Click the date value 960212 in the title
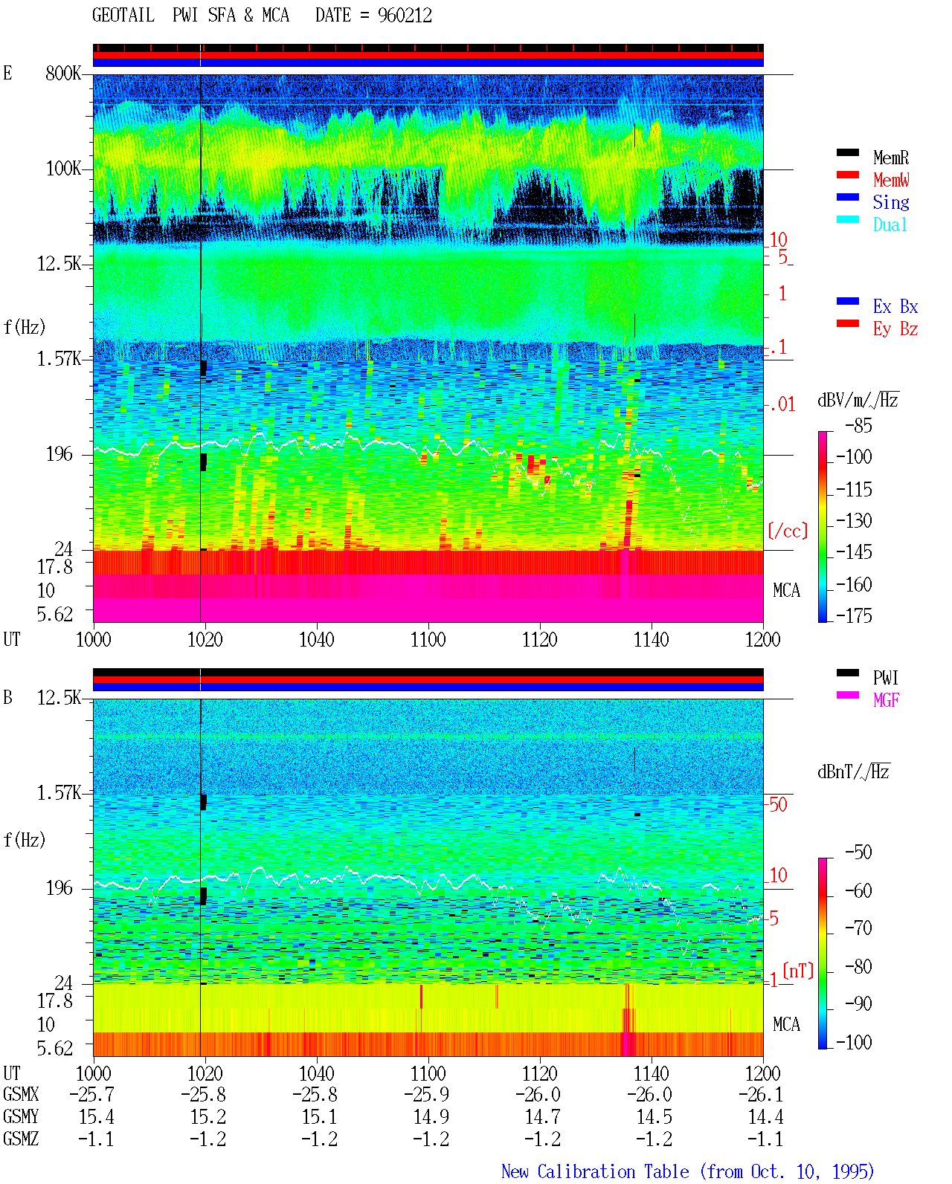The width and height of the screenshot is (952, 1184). [405, 16]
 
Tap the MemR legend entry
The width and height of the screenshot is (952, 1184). [890, 158]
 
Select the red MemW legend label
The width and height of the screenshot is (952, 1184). [891, 180]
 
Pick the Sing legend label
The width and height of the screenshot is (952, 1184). [890, 202]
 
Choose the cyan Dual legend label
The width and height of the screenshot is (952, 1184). [890, 224]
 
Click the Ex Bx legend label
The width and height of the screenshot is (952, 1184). [895, 306]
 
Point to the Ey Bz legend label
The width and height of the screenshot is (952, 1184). [895, 329]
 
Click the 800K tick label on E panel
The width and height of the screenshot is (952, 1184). [63, 73]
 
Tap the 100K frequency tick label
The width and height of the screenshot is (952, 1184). [63, 169]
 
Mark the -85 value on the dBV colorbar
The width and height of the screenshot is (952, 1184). [858, 425]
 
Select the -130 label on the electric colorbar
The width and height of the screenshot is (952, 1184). [854, 520]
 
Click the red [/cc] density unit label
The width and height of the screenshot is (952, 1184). [788, 531]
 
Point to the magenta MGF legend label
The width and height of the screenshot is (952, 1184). [886, 700]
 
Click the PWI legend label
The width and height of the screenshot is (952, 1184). [886, 677]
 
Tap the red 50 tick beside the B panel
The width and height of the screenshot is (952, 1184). [778, 804]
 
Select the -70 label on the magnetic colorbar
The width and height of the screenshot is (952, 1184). [858, 928]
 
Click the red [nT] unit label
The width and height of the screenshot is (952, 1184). [798, 971]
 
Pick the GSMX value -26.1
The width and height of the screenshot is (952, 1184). [760, 1094]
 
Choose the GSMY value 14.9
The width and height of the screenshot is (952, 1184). [431, 1117]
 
